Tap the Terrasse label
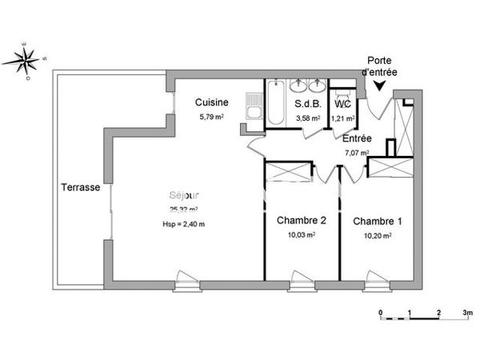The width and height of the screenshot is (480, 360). pyautogui.click(x=80, y=188)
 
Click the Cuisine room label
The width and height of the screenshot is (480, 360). pyautogui.click(x=214, y=102)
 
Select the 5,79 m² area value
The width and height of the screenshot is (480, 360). pyautogui.click(x=212, y=117)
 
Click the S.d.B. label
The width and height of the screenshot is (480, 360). pyautogui.click(x=307, y=104)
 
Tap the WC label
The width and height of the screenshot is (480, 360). pyautogui.click(x=342, y=104)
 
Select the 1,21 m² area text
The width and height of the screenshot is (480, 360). pyautogui.click(x=343, y=118)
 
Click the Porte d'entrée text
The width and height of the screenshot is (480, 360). pyautogui.click(x=381, y=66)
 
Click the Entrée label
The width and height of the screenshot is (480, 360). pyautogui.click(x=356, y=138)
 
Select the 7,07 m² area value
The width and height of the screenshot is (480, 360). pyautogui.click(x=356, y=152)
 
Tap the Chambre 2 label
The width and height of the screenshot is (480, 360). pyautogui.click(x=301, y=220)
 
